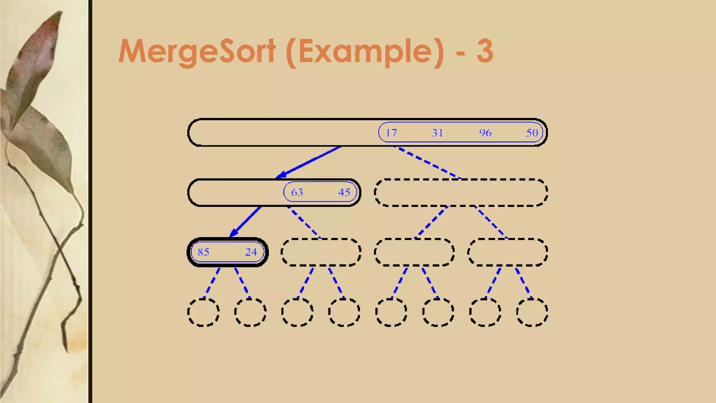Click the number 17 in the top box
(391, 133)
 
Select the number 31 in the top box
(437, 133)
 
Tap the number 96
(485, 133)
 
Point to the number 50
(532, 133)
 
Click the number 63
(297, 192)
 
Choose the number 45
(344, 192)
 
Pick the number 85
(203, 252)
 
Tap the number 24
(251, 252)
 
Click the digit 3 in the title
(485, 51)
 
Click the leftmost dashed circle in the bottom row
(203, 312)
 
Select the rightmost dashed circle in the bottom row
(532, 312)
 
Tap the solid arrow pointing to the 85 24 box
(245, 222)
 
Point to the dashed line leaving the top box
(427, 162)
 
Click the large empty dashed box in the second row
(461, 192)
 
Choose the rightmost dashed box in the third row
(508, 252)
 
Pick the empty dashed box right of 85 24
(321, 252)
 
